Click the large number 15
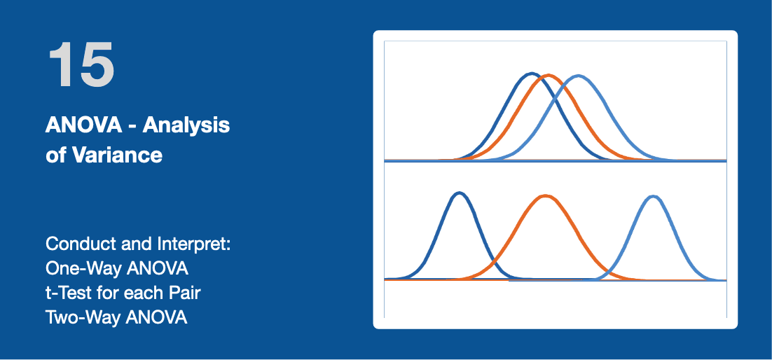[x=81, y=65]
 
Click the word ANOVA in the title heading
[x=83, y=125]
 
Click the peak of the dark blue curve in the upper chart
[x=531, y=74]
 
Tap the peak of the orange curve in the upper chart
[x=549, y=76]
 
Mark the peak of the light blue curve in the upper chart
[x=579, y=76]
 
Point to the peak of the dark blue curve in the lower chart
[x=460, y=193]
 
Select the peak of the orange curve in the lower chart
[x=546, y=197]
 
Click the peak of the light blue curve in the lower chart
[x=654, y=197]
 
